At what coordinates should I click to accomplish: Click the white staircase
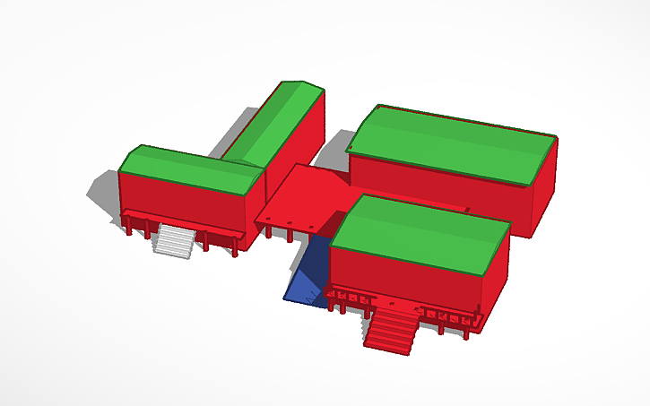(174, 240)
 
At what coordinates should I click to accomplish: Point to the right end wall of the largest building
(544, 187)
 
